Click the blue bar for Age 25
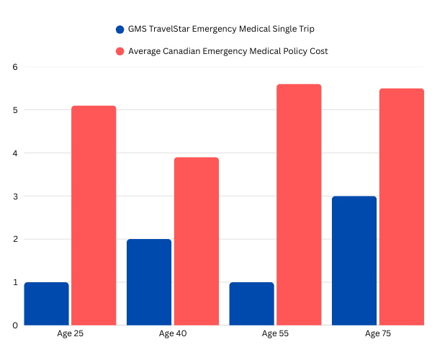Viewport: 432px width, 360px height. click(x=46, y=303)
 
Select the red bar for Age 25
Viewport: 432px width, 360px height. click(x=94, y=215)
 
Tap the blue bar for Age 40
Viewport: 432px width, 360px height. click(x=149, y=282)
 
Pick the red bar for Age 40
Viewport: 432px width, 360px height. click(x=196, y=241)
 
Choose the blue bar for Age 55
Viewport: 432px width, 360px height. click(x=251, y=303)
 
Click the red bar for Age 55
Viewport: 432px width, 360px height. click(x=299, y=204)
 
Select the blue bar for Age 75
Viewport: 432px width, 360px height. click(x=354, y=260)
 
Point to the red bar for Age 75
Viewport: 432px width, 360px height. click(x=402, y=207)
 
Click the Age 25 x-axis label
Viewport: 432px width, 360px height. click(x=70, y=334)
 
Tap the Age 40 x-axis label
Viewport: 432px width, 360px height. click(x=173, y=334)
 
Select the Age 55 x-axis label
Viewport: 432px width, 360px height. click(x=275, y=334)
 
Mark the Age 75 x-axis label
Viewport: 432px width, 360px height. click(x=378, y=334)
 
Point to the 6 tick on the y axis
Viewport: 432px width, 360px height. click(x=14, y=67)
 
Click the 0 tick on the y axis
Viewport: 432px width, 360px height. click(x=14, y=325)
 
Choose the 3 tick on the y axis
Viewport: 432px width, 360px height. click(x=14, y=196)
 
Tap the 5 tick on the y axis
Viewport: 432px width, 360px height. click(x=14, y=110)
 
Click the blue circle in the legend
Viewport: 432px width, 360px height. click(x=120, y=30)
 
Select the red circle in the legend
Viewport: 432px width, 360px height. click(x=120, y=51)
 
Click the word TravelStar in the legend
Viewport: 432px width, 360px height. click(x=171, y=30)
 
